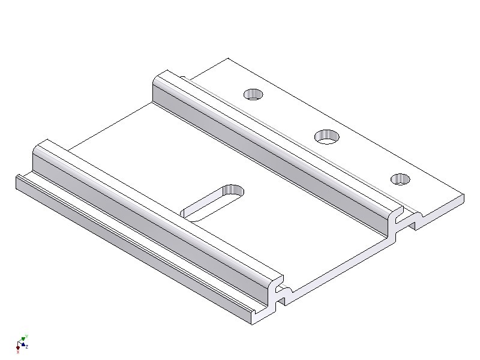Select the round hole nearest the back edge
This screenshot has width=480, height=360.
pos(253,94)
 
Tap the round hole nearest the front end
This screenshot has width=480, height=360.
pos(400,179)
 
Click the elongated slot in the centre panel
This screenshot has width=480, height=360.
pos(214,202)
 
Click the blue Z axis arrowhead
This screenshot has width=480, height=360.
pos(24,345)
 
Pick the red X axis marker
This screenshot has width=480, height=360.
pos(18,347)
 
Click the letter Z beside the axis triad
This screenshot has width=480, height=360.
pos(28,347)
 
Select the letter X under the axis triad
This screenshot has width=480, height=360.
pos(18,352)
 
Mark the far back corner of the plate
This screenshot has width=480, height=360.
pos(228,59)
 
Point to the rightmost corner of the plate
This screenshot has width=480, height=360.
pos(463,196)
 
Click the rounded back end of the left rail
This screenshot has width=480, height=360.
pos(43,144)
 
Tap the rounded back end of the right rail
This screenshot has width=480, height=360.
pos(161,76)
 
